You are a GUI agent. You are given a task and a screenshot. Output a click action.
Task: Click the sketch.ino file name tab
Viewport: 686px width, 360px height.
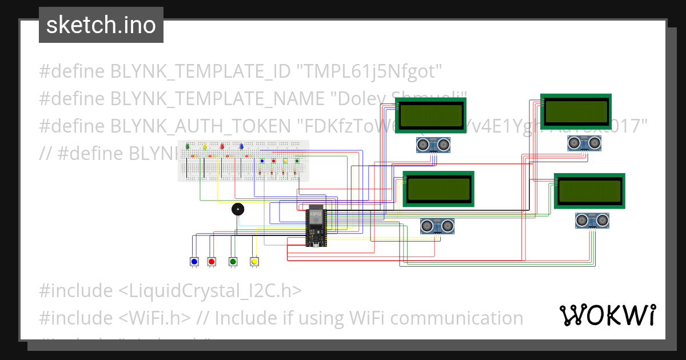(x=101, y=25)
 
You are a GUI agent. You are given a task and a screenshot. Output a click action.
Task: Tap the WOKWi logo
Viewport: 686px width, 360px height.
(x=607, y=315)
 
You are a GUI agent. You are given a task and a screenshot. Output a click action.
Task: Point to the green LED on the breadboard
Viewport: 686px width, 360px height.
(x=188, y=147)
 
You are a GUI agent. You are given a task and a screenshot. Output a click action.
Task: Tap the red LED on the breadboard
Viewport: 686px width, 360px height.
(x=222, y=147)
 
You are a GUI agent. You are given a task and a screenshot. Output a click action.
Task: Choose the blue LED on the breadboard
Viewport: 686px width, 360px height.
(x=241, y=147)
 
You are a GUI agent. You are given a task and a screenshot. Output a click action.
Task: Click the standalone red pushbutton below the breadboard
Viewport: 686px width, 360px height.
(x=212, y=262)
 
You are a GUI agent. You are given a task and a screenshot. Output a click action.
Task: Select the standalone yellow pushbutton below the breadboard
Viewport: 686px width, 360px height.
(x=255, y=262)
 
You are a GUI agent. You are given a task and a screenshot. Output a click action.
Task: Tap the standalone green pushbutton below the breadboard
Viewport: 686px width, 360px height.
(x=233, y=262)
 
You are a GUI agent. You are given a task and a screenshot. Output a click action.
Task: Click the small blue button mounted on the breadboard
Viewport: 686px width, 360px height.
(x=262, y=161)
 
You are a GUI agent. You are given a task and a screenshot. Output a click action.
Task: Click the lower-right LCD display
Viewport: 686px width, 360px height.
(x=589, y=191)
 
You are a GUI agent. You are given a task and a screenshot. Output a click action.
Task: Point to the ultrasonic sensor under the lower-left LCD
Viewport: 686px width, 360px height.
(x=437, y=226)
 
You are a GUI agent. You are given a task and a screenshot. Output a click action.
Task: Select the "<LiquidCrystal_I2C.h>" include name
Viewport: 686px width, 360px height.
(x=210, y=291)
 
